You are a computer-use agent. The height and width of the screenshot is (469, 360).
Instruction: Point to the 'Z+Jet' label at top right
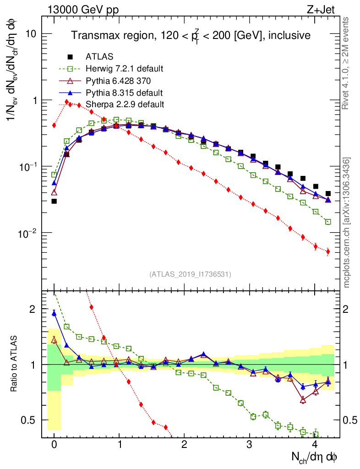point(327,8)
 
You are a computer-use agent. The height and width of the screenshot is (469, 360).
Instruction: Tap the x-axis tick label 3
point(249,445)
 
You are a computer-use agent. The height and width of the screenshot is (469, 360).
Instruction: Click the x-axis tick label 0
point(54,445)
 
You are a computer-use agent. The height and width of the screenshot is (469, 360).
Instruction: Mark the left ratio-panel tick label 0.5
point(29,420)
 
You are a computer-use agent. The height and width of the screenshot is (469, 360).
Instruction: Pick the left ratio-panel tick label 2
point(32,309)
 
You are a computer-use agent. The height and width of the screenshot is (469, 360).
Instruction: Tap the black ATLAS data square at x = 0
point(54,201)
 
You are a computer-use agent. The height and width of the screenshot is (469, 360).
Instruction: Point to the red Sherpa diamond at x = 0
point(54,125)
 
